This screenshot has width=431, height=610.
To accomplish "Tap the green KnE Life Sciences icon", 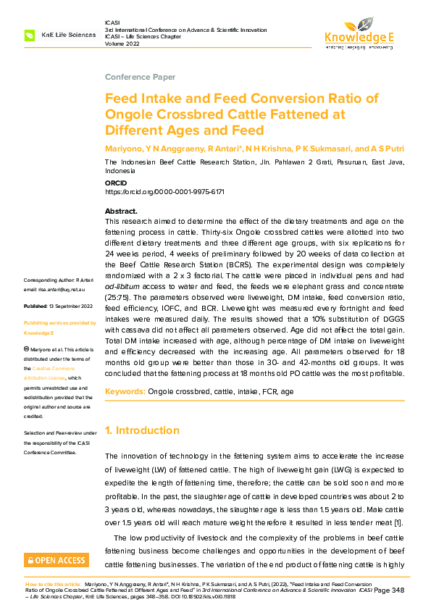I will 29,35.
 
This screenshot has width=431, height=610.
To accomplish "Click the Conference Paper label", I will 140,77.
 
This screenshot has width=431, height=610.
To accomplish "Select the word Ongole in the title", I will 129,114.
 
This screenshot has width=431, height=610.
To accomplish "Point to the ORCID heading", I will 115,184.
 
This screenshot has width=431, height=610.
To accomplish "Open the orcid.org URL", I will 164,192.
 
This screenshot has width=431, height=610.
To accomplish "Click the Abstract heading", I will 121,211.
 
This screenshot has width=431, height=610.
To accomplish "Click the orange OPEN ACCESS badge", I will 57,560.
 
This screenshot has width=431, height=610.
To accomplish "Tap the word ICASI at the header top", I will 112,23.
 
